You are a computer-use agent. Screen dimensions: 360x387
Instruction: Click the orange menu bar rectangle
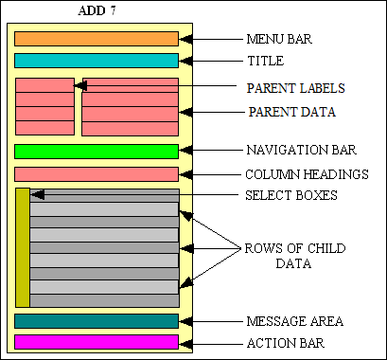97,39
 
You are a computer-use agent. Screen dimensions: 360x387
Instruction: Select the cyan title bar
97,61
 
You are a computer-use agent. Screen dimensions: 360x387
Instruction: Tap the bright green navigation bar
97,152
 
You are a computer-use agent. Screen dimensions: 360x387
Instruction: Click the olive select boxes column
23,248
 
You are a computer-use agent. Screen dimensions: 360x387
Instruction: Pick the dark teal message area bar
97,321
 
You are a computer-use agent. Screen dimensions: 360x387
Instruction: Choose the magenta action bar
97,342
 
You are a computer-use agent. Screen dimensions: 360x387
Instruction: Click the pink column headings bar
97,174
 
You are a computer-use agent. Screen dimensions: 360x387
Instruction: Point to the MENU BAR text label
279,41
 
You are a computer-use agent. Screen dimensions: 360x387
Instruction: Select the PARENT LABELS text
294,88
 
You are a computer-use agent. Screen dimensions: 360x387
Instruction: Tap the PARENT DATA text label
291,112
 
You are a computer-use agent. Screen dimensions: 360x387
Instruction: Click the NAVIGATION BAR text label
300,151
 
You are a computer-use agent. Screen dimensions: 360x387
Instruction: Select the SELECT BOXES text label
291,196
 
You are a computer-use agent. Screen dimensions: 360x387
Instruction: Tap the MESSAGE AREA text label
292,321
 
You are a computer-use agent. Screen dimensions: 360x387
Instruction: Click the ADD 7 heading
96,10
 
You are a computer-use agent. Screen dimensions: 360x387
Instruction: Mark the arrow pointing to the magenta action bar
213,342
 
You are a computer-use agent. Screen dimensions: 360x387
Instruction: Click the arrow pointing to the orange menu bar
213,40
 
